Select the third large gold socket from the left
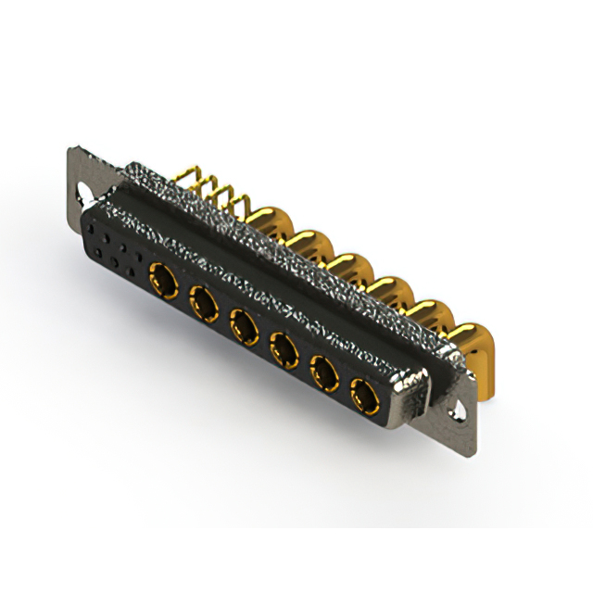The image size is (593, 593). [x=243, y=324]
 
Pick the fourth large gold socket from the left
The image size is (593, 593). [x=282, y=349]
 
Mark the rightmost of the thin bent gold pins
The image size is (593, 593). [x=244, y=204]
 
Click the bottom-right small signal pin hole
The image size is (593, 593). [x=139, y=274]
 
